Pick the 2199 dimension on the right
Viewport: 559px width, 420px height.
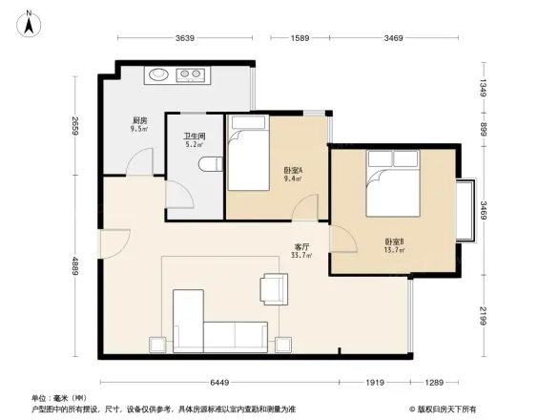483,315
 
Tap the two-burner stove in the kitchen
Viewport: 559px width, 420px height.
192,73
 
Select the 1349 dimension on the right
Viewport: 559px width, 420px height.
483,91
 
